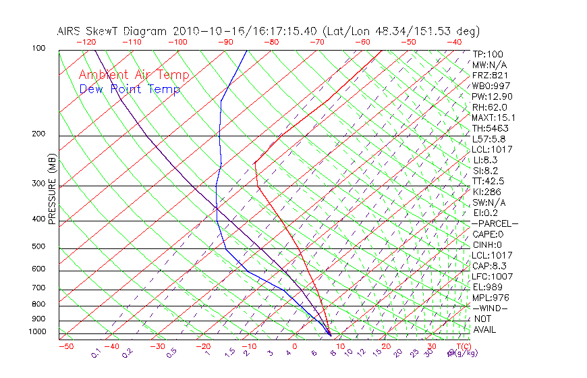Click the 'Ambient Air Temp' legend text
tap(134, 75)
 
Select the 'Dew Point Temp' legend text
tap(130, 90)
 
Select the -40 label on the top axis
tap(454, 42)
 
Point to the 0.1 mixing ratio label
tap(96, 353)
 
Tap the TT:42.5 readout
tap(488, 181)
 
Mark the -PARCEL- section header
tap(495, 223)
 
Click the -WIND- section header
tap(491, 308)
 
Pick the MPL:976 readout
tap(490, 298)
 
